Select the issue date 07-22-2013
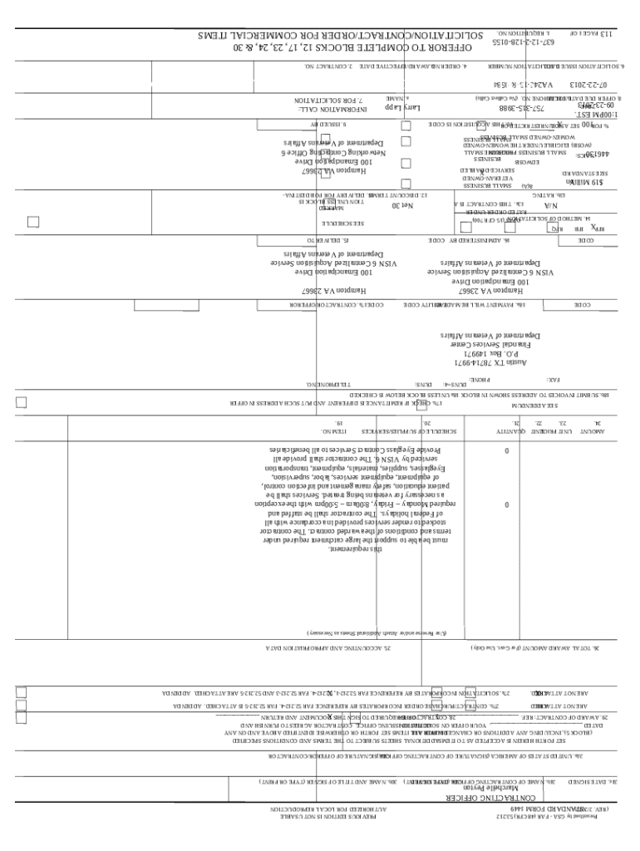point(588,86)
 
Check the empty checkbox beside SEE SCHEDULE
point(33,222)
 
